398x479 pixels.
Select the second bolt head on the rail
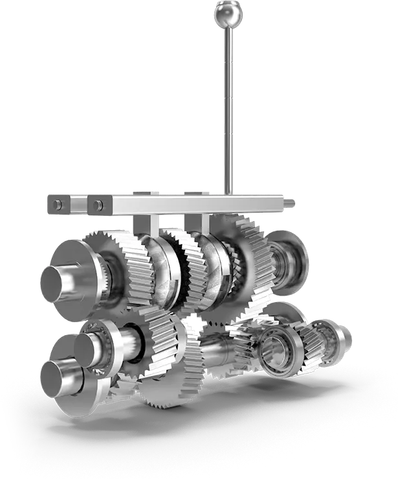(98, 205)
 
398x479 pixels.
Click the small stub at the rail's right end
(289, 202)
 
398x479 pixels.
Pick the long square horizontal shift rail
(194, 205)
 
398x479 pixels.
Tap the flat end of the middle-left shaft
(85, 349)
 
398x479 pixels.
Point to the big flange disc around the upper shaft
(78, 275)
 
